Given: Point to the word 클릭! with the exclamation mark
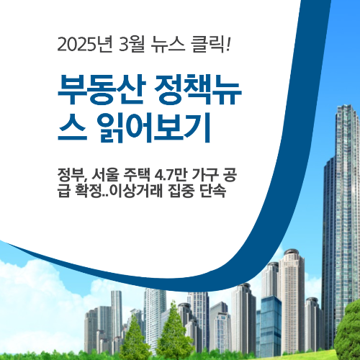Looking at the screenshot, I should (x=214, y=45).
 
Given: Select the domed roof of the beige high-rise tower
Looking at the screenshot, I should (x=290, y=254).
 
